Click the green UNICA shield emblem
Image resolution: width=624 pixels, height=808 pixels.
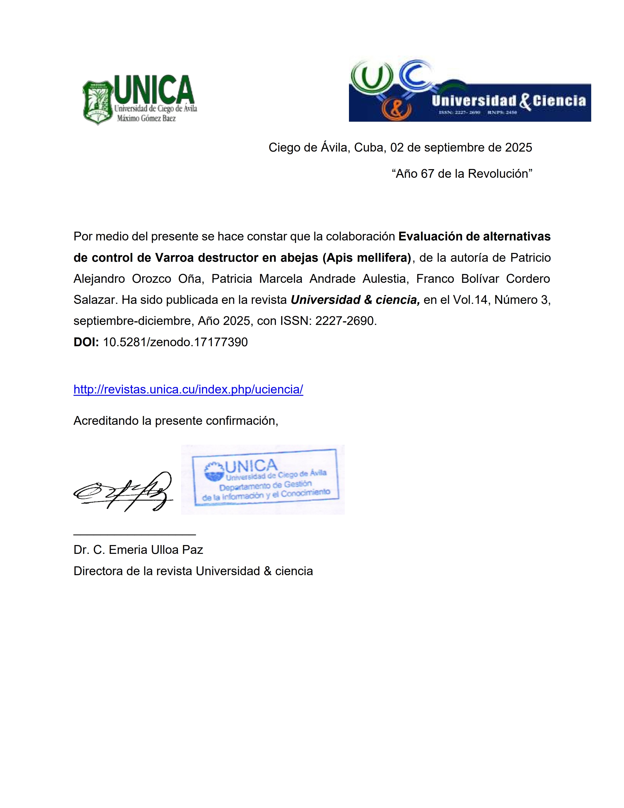97,103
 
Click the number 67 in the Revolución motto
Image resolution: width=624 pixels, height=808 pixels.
427,174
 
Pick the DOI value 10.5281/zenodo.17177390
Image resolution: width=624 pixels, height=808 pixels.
175,342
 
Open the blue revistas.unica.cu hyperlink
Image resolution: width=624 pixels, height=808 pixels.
188,389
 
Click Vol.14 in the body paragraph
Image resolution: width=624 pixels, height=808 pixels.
471,300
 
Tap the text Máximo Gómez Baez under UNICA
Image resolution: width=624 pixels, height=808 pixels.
146,119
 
